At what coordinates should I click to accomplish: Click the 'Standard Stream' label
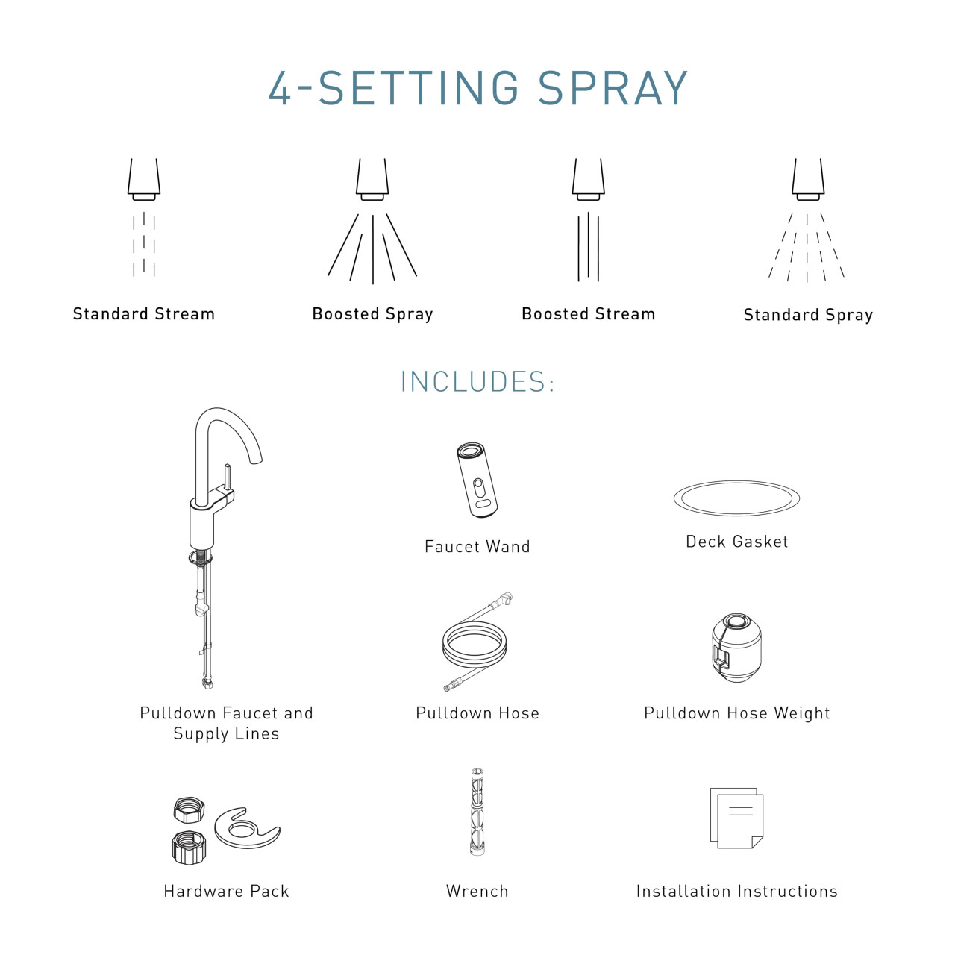143,314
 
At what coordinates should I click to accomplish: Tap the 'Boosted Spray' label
372,314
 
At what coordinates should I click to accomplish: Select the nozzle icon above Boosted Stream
588,179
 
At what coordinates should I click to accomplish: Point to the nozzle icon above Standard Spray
808,179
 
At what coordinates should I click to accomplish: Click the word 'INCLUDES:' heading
477,382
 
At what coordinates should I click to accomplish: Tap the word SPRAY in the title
613,89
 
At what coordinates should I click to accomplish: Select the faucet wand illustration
477,479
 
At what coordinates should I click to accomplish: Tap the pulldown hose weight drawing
736,647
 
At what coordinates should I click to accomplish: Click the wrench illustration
477,812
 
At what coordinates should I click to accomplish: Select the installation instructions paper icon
736,818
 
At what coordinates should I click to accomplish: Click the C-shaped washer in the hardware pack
246,828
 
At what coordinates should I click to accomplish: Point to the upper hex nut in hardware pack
188,810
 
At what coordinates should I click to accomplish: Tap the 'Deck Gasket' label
736,542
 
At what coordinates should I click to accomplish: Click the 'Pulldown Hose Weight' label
736,713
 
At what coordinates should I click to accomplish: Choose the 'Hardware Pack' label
226,891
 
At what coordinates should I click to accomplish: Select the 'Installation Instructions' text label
736,891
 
